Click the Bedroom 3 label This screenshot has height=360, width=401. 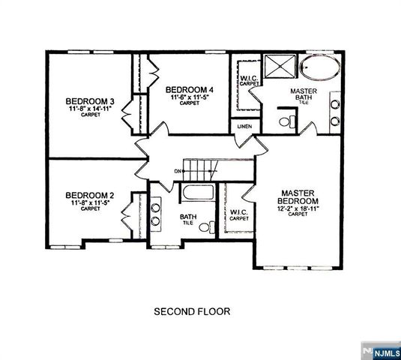click(90, 101)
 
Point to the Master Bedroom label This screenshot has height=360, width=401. click(298, 197)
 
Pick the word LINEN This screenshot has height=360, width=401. click(244, 126)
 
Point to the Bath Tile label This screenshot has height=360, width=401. click(187, 219)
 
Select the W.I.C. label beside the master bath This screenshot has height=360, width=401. click(249, 80)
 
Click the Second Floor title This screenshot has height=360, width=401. click(192, 310)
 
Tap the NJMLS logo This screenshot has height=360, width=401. click(380, 350)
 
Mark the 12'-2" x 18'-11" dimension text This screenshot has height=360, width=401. click(298, 209)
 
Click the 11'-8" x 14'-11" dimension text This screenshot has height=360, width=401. click(90, 110)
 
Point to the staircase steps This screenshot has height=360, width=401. click(200, 168)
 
